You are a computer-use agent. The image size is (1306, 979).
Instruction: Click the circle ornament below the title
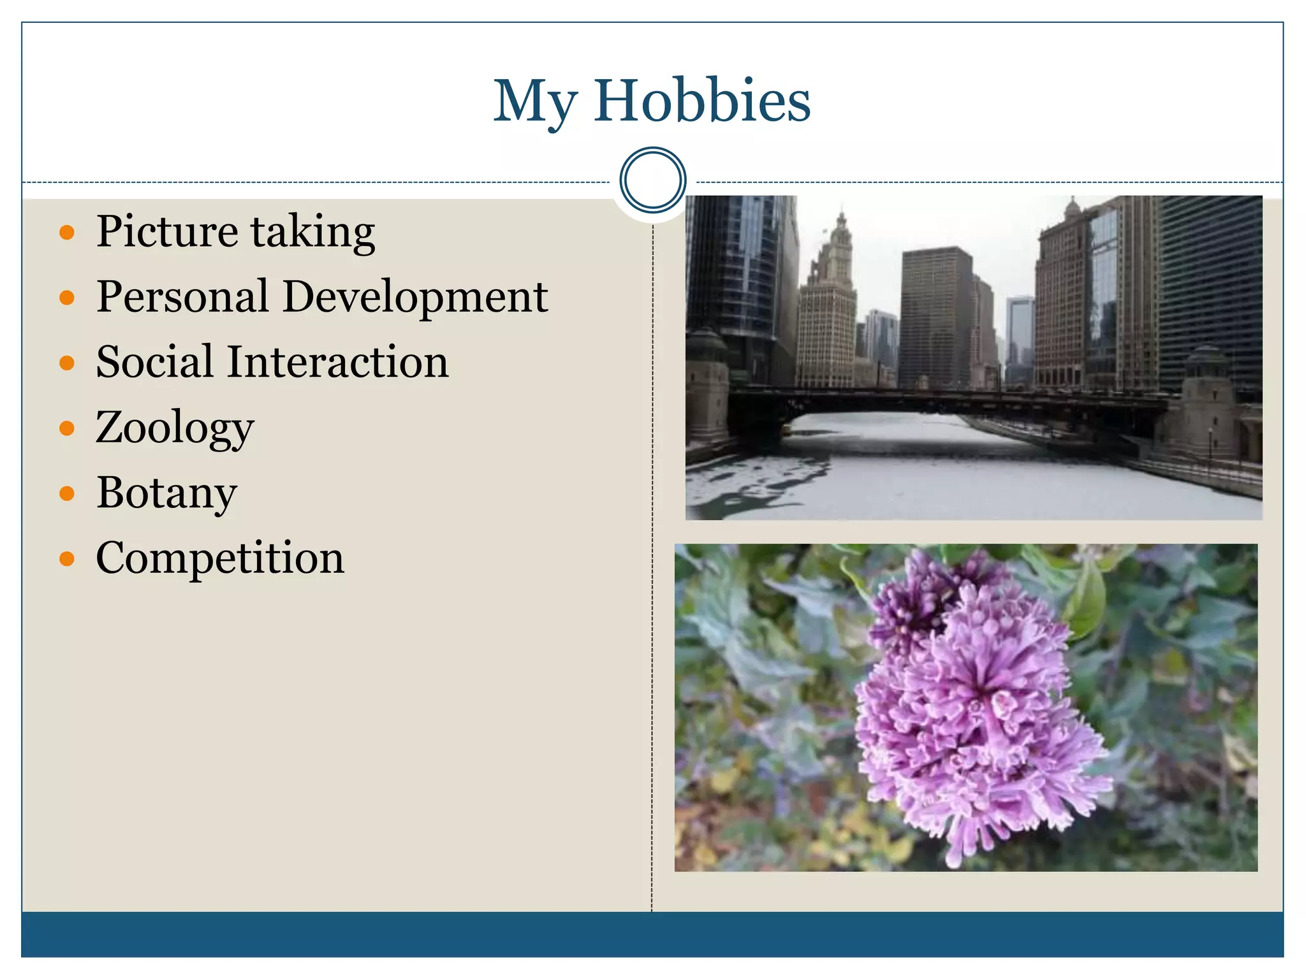point(652,180)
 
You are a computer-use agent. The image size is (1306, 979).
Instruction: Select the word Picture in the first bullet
point(167,231)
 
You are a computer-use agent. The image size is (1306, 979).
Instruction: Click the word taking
point(312,233)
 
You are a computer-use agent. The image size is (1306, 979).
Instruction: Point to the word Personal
point(182,297)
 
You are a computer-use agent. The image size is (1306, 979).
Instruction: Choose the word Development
point(415,298)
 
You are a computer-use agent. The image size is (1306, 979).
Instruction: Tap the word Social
point(154,362)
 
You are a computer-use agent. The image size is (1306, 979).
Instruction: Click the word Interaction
point(338,362)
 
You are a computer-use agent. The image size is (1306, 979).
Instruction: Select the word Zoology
point(175,429)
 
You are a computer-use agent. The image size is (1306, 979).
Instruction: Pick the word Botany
point(166,494)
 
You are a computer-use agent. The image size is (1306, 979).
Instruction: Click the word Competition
point(220,559)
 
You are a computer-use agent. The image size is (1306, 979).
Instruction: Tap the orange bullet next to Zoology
point(67,428)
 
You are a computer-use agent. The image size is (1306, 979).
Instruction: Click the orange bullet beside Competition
point(67,559)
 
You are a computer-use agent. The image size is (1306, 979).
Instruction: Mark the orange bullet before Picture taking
point(67,232)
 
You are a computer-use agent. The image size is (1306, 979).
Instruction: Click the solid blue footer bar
point(652,934)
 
